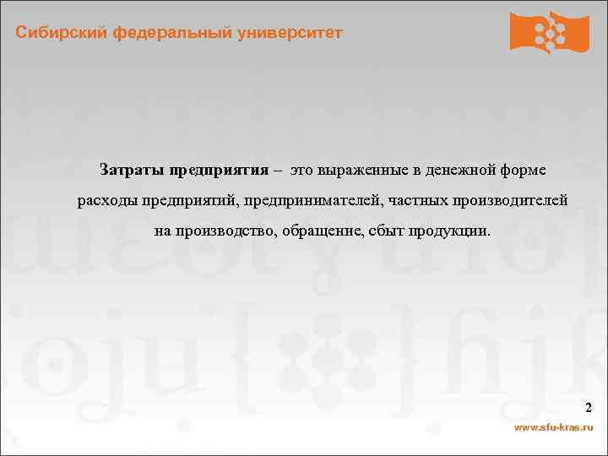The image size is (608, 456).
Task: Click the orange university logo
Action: click(x=550, y=32)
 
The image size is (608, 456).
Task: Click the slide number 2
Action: click(x=588, y=410)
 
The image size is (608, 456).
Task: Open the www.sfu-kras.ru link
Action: click(x=554, y=428)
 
